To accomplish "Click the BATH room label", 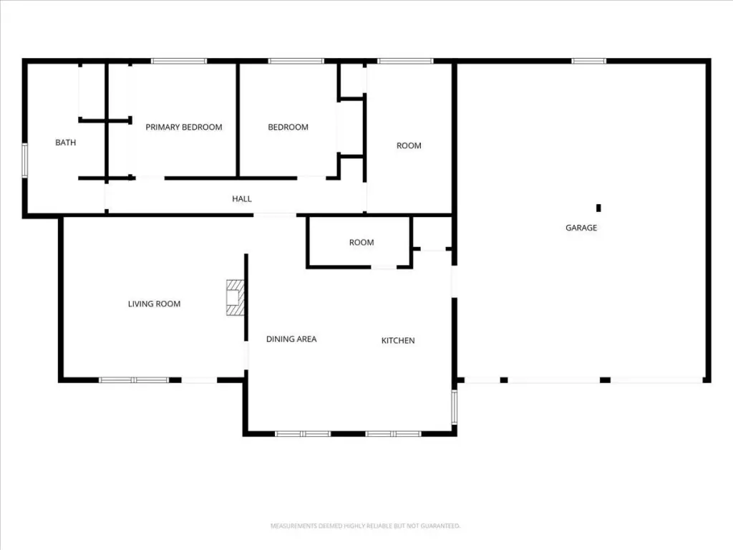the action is pyautogui.click(x=65, y=143).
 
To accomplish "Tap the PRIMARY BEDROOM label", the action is pyautogui.click(x=184, y=127).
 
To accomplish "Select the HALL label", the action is pyautogui.click(x=242, y=199).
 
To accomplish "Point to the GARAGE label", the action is pyautogui.click(x=581, y=228).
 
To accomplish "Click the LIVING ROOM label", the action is pyautogui.click(x=155, y=304).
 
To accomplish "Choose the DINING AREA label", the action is pyautogui.click(x=291, y=339).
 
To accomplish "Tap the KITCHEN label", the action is pyautogui.click(x=398, y=340).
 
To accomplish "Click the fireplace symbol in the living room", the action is pyautogui.click(x=235, y=297).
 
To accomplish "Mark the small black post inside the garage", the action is pyautogui.click(x=598, y=208).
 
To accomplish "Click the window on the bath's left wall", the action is pyautogui.click(x=25, y=160).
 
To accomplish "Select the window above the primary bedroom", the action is pyautogui.click(x=178, y=61).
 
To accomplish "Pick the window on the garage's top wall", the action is pyautogui.click(x=588, y=61).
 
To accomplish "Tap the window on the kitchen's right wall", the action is pyautogui.click(x=454, y=407).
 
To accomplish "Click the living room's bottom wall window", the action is pyautogui.click(x=134, y=380).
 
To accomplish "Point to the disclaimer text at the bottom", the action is pyautogui.click(x=366, y=526).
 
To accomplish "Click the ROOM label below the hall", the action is pyautogui.click(x=361, y=243).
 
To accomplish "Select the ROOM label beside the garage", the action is pyautogui.click(x=409, y=146).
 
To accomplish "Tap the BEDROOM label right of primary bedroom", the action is pyautogui.click(x=288, y=127).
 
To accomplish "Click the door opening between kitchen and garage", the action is pyautogui.click(x=454, y=281).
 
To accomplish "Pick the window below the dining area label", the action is pyautogui.click(x=303, y=434).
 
